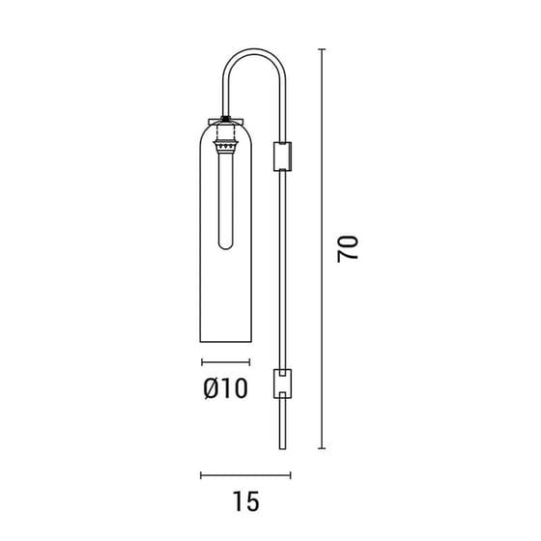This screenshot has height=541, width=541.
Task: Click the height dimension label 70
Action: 349,248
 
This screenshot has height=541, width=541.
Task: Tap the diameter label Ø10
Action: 225,389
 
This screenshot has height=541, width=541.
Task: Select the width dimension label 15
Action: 246,501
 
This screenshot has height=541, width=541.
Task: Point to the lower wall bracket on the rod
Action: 283,384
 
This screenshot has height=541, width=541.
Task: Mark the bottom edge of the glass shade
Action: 225,341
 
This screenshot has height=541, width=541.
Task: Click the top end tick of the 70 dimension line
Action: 322,48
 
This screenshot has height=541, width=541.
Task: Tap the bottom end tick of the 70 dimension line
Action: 322,448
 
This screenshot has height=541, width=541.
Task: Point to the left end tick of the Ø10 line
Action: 201,362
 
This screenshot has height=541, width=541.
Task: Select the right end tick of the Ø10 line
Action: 249,362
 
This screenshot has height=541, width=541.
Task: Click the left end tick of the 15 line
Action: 201,474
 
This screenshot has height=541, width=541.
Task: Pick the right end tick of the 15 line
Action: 289,474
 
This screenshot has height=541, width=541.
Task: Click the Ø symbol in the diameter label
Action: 211,389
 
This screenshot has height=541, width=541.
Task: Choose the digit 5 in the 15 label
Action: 253,501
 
